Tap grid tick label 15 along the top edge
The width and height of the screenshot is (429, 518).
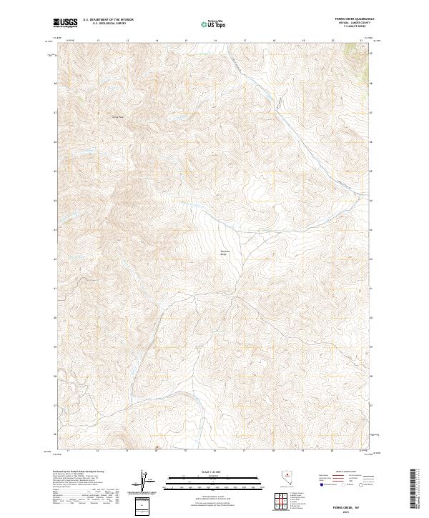click(185, 41)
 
